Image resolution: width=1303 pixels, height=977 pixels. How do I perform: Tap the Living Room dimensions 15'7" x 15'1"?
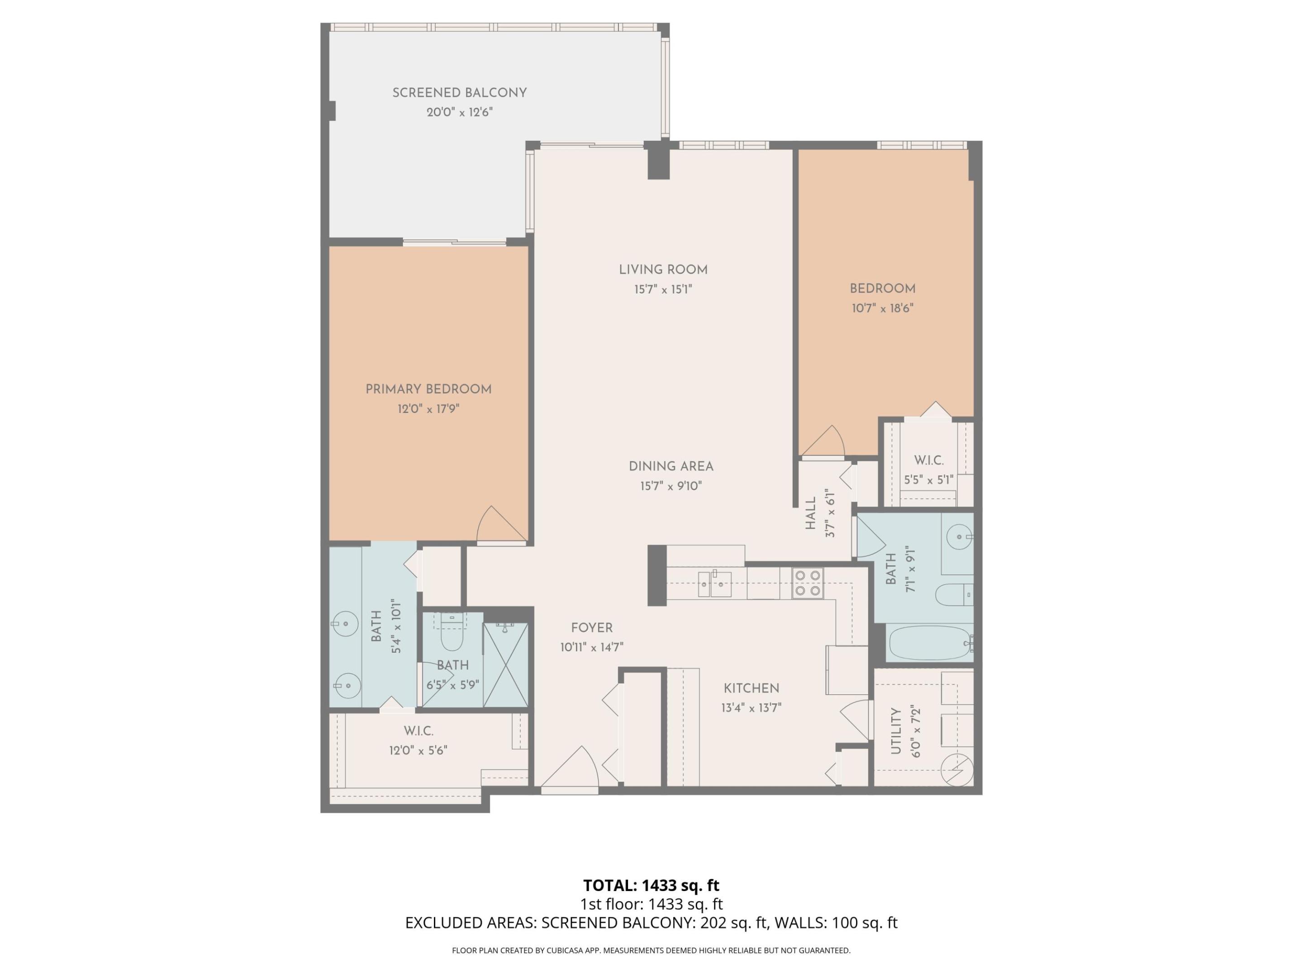663,289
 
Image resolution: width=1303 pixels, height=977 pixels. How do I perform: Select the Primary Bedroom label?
428,389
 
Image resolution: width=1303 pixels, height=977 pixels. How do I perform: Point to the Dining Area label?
671,466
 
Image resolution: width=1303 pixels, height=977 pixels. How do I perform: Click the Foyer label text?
591,628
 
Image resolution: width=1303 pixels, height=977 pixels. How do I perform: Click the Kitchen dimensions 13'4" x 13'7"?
751,708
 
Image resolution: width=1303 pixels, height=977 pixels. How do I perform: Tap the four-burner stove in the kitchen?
807,583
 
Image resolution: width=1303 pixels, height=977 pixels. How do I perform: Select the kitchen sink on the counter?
714,584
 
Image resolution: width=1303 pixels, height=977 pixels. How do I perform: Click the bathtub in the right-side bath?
929,643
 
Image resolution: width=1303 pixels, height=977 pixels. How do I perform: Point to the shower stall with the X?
505,665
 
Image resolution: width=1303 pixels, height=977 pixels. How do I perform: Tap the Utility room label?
896,731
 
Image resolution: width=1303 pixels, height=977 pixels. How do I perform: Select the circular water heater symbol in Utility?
956,769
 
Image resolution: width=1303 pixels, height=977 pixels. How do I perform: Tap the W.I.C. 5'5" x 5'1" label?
928,470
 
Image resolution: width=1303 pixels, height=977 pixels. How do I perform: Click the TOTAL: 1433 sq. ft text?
651,885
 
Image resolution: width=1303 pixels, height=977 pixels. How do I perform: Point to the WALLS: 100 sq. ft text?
835,923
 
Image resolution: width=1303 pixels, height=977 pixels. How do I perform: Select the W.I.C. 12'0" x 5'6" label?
418,740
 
